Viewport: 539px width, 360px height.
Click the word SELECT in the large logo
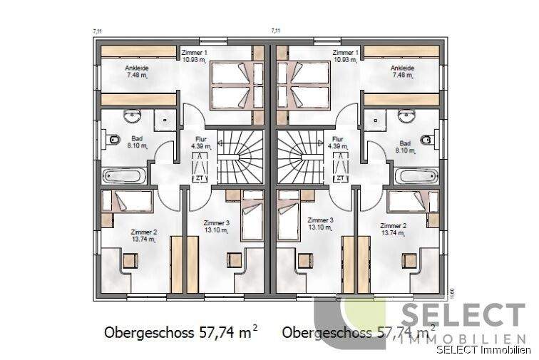click(463, 317)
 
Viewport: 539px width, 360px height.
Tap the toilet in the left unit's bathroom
click(112, 138)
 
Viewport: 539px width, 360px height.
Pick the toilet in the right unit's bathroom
click(427, 138)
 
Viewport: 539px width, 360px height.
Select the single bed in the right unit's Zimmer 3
click(288, 214)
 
